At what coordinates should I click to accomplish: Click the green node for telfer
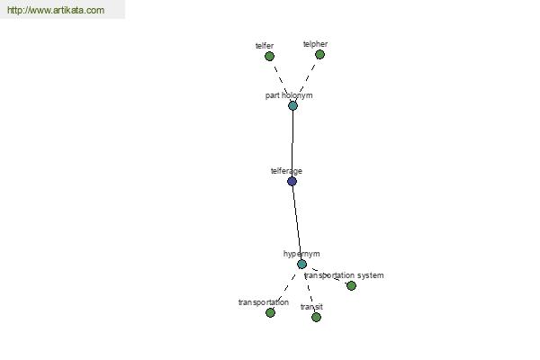[269, 56]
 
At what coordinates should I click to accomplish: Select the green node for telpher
[319, 54]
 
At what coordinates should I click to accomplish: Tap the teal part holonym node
[292, 106]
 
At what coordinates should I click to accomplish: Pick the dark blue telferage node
[292, 181]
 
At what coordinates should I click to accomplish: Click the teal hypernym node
[301, 265]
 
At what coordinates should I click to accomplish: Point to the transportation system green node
[351, 285]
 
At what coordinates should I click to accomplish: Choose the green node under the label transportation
[270, 312]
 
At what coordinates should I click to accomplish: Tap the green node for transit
[316, 317]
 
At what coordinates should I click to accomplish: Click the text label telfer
[265, 46]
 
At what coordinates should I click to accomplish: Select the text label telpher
[315, 44]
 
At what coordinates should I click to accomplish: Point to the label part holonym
[289, 95]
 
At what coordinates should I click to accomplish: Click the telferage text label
[286, 171]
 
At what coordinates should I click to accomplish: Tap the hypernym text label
[301, 254]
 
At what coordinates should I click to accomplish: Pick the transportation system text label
[344, 275]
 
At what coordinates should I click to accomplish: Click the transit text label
[311, 307]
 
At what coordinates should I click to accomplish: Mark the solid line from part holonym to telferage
[292, 144]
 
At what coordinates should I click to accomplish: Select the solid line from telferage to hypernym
[297, 222]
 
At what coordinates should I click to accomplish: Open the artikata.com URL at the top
[56, 10]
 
